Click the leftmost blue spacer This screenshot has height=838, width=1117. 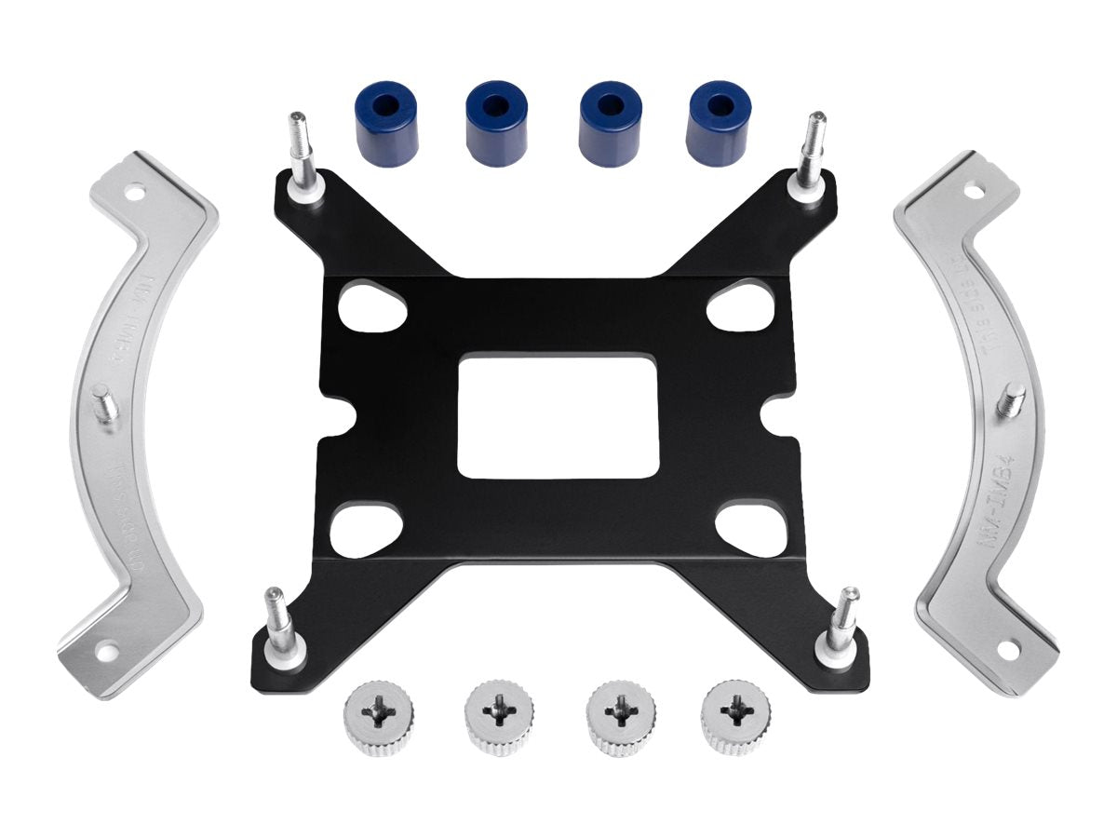(386, 123)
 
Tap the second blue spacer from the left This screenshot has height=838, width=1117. (496, 123)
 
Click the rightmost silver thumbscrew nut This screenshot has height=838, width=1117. (736, 717)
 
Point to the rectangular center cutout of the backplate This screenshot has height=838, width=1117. (558, 415)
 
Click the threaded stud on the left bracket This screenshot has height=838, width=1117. (104, 407)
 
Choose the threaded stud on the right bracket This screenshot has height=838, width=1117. (1011, 400)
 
